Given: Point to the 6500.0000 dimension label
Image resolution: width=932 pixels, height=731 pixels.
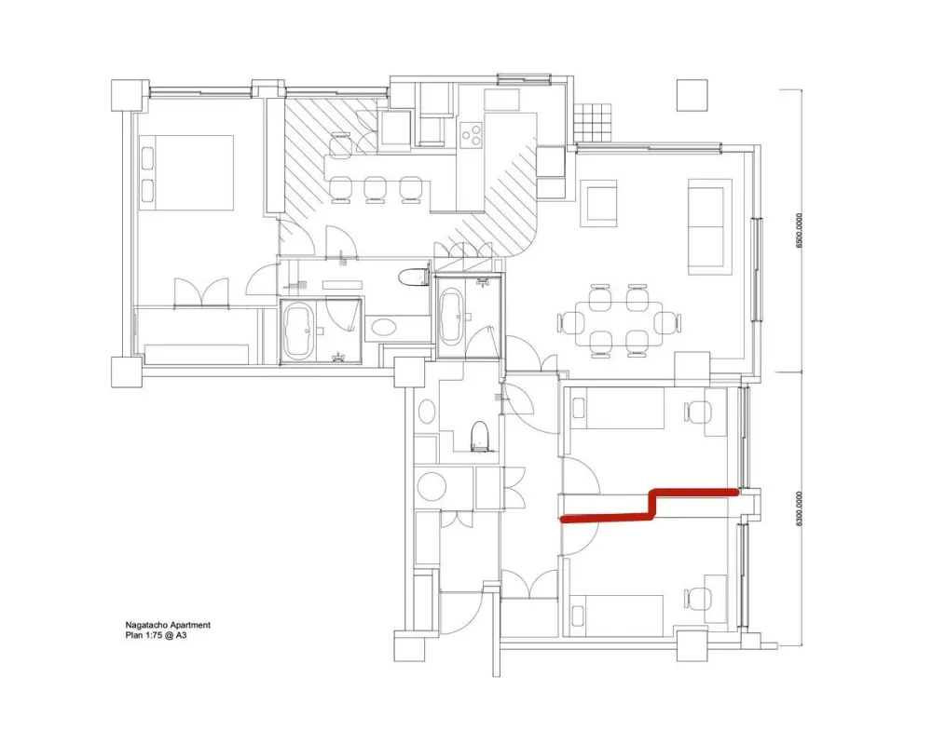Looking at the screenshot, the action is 799,231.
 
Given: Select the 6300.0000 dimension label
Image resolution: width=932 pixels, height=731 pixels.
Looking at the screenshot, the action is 799,508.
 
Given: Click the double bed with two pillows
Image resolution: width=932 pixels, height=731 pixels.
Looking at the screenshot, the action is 186,172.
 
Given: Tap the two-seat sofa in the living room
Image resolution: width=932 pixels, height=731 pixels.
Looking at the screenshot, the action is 706,226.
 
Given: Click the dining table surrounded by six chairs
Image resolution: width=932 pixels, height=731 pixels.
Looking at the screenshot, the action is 619,321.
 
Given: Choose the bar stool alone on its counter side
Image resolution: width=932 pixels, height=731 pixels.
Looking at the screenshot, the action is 340,146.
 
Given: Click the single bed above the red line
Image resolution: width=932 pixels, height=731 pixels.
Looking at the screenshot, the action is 616,409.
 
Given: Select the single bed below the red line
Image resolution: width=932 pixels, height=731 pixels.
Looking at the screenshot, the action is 616,616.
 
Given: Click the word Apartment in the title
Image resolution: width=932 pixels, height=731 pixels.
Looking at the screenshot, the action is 190,625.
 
